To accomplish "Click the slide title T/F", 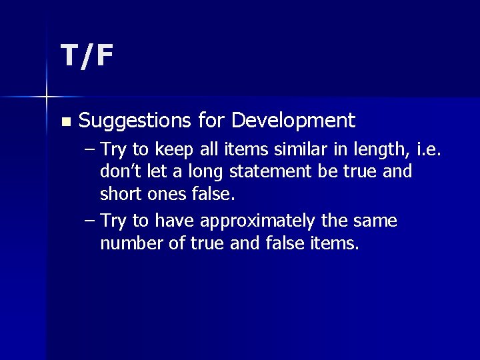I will (87, 57).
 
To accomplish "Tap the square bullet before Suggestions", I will (65, 122).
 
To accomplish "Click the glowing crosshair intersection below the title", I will (47, 97).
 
